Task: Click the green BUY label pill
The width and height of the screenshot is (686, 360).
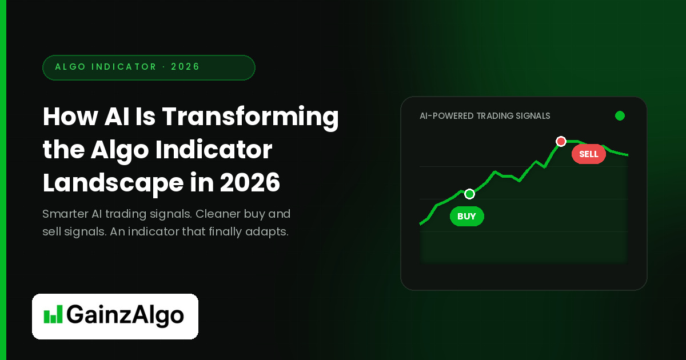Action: [x=466, y=217]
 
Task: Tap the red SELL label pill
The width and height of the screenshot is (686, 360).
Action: [x=589, y=154]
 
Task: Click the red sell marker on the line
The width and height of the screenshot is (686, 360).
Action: [x=561, y=142]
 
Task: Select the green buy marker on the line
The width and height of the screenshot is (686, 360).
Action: [x=469, y=194]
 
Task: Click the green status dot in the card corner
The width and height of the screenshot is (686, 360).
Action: [x=620, y=115]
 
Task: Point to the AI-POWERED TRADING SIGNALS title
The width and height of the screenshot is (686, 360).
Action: [x=485, y=116]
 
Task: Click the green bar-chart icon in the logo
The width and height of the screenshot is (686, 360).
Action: [x=53, y=314]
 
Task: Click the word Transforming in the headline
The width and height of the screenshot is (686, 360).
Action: [x=250, y=117]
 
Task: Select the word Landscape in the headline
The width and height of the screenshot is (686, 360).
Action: [x=113, y=183]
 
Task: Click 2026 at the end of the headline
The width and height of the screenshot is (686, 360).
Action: [x=250, y=182]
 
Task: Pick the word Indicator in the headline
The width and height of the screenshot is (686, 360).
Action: [x=214, y=150]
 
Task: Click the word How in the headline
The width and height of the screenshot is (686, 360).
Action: [x=70, y=117]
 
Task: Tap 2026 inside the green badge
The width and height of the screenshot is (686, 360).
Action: [x=185, y=67]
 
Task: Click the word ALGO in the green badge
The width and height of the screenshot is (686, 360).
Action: [x=70, y=67]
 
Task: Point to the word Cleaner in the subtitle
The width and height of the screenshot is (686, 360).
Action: [x=218, y=214]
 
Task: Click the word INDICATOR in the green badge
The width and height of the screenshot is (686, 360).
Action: [x=124, y=67]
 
